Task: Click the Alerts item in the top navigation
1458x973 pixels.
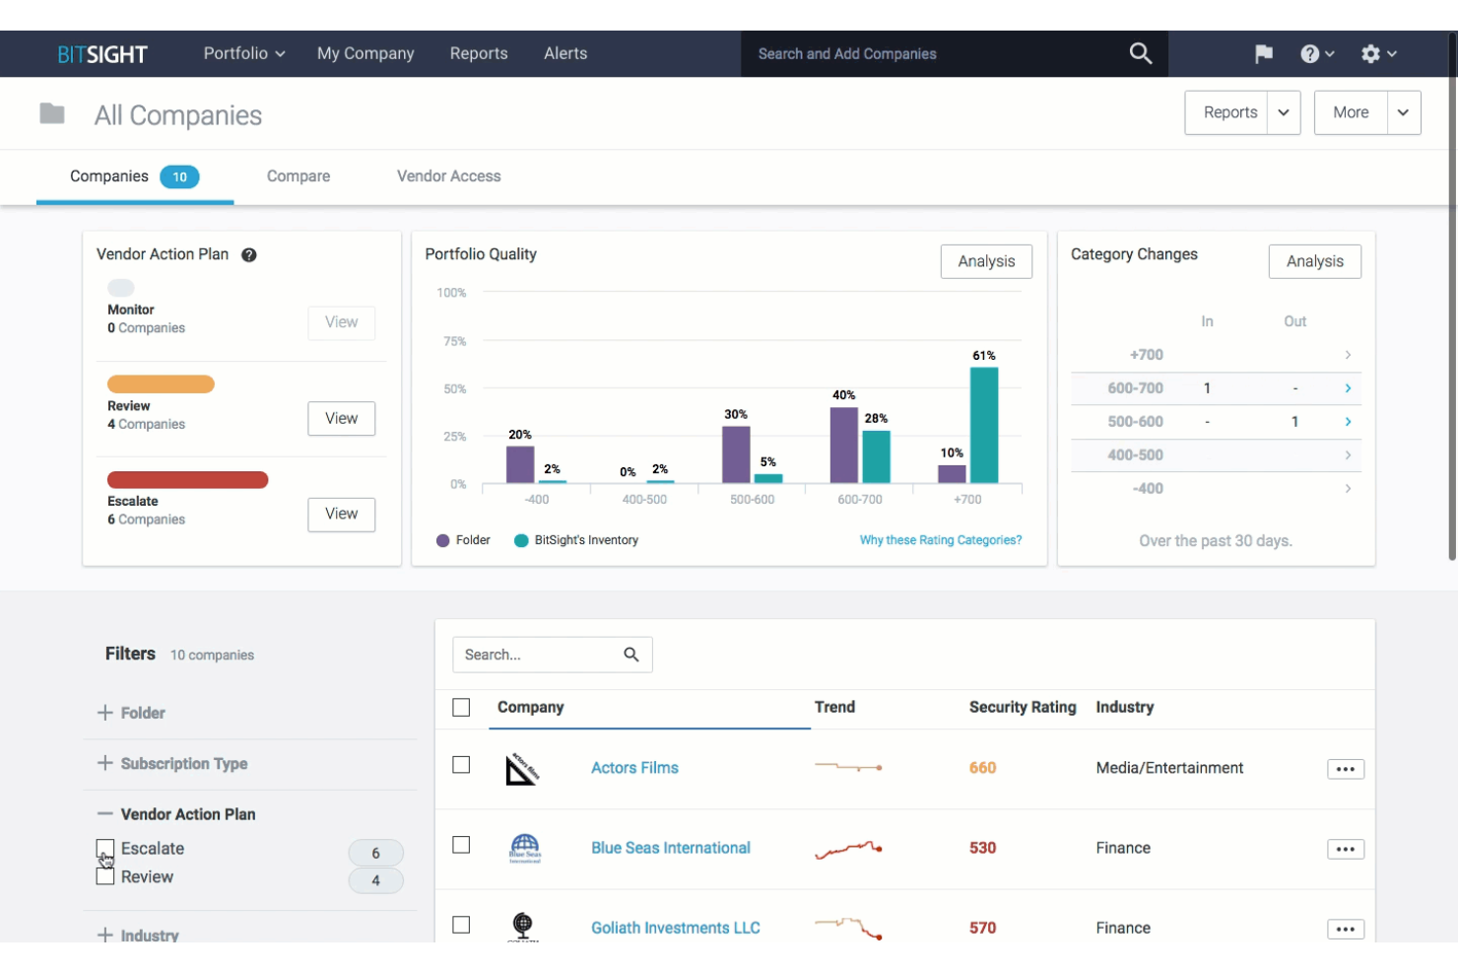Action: [565, 53]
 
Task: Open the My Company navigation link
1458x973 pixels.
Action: [365, 53]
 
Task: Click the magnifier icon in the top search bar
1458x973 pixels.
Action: [1140, 53]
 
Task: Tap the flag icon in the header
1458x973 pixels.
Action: [1264, 54]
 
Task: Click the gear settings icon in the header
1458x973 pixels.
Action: [1370, 54]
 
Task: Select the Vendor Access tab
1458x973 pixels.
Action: [448, 175]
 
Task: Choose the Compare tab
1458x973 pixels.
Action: [298, 175]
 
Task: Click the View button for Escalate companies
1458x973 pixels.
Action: [341, 514]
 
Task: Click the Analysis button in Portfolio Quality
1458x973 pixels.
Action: [986, 261]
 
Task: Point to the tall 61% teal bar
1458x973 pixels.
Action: [983, 424]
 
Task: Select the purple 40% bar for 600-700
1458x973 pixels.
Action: [843, 445]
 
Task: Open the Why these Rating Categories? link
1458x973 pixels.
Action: [940, 540]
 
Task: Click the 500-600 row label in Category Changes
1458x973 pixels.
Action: [1135, 421]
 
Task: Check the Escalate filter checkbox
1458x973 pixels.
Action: [105, 849]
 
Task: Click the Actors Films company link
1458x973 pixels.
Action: [634, 768]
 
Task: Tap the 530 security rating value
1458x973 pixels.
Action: [982, 848]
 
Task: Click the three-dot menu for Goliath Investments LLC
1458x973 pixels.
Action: [1345, 929]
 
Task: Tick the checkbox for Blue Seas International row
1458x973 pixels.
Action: [461, 845]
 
